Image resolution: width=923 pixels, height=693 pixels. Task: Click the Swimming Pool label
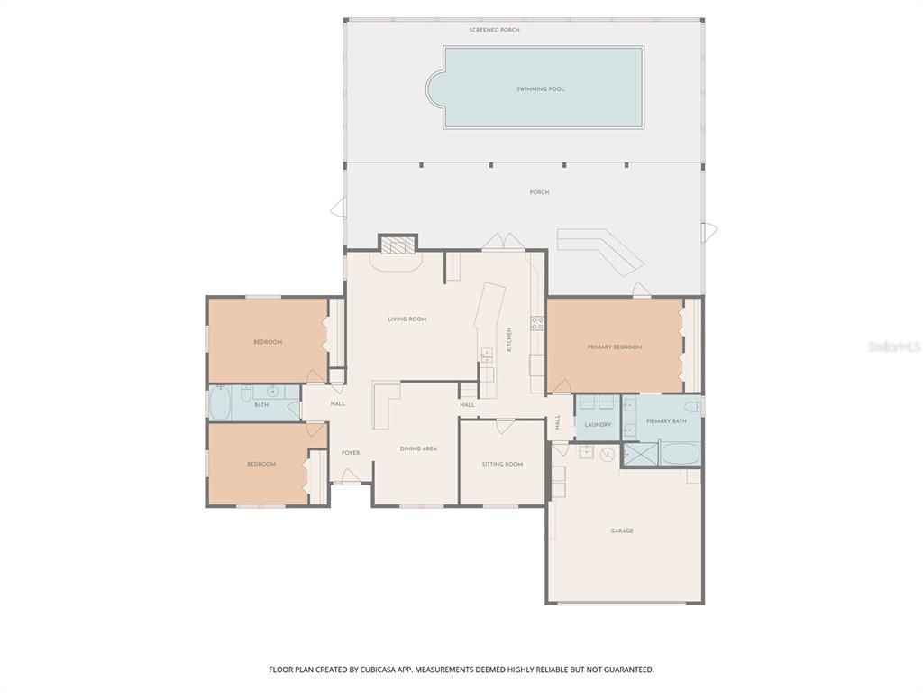pyautogui.click(x=540, y=89)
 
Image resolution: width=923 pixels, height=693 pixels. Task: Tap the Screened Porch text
pyautogui.click(x=494, y=30)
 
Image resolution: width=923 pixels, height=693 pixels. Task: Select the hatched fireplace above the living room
pyautogui.click(x=398, y=243)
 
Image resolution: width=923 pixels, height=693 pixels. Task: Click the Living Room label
pyautogui.click(x=407, y=319)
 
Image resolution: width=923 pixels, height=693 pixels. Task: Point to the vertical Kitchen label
pyautogui.click(x=509, y=339)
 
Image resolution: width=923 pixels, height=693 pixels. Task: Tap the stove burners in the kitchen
pyautogui.click(x=537, y=323)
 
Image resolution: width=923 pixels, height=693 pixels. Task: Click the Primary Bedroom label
pyautogui.click(x=615, y=347)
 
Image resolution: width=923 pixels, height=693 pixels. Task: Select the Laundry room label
pyautogui.click(x=598, y=425)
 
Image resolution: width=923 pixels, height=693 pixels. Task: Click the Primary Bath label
pyautogui.click(x=666, y=421)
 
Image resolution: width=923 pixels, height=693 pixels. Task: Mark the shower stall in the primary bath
pyautogui.click(x=640, y=453)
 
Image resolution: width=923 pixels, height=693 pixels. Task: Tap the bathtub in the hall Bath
pyautogui.click(x=221, y=403)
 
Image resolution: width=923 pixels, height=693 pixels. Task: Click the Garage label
pyautogui.click(x=622, y=531)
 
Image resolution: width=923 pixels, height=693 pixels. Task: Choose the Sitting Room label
pyautogui.click(x=502, y=465)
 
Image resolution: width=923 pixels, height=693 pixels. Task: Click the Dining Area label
pyautogui.click(x=418, y=448)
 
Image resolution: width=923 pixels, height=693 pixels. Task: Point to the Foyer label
pyautogui.click(x=351, y=453)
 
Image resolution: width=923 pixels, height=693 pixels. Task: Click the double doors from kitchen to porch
pyautogui.click(x=502, y=242)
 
